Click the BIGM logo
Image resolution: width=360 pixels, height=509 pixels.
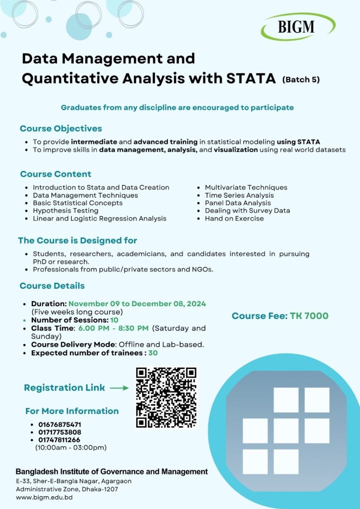(x=298, y=26)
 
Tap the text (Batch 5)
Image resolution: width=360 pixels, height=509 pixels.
(x=301, y=79)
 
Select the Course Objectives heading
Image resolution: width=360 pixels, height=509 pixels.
(x=61, y=129)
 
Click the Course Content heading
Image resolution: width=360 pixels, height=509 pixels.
(x=56, y=174)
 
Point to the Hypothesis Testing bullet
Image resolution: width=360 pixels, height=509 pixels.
(x=65, y=210)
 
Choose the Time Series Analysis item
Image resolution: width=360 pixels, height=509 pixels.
(x=239, y=195)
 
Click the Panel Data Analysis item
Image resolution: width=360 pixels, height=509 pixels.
(x=237, y=203)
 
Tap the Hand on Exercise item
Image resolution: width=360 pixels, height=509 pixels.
(x=234, y=218)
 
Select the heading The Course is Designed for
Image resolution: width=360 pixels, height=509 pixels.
(x=77, y=241)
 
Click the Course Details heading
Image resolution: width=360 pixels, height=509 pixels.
(x=52, y=285)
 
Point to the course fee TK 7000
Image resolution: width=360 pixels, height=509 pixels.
(x=280, y=316)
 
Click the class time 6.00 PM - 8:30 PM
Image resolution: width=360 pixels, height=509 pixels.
(x=113, y=328)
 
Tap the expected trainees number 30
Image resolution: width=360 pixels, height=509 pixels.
(x=153, y=352)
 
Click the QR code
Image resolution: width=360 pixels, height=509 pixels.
(x=166, y=397)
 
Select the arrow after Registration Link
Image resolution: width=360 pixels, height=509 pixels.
(x=119, y=388)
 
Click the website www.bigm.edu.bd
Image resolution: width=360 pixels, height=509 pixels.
(x=44, y=497)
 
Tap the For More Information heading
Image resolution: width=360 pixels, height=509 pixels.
(x=72, y=411)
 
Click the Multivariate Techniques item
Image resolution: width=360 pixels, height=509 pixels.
(x=246, y=187)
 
